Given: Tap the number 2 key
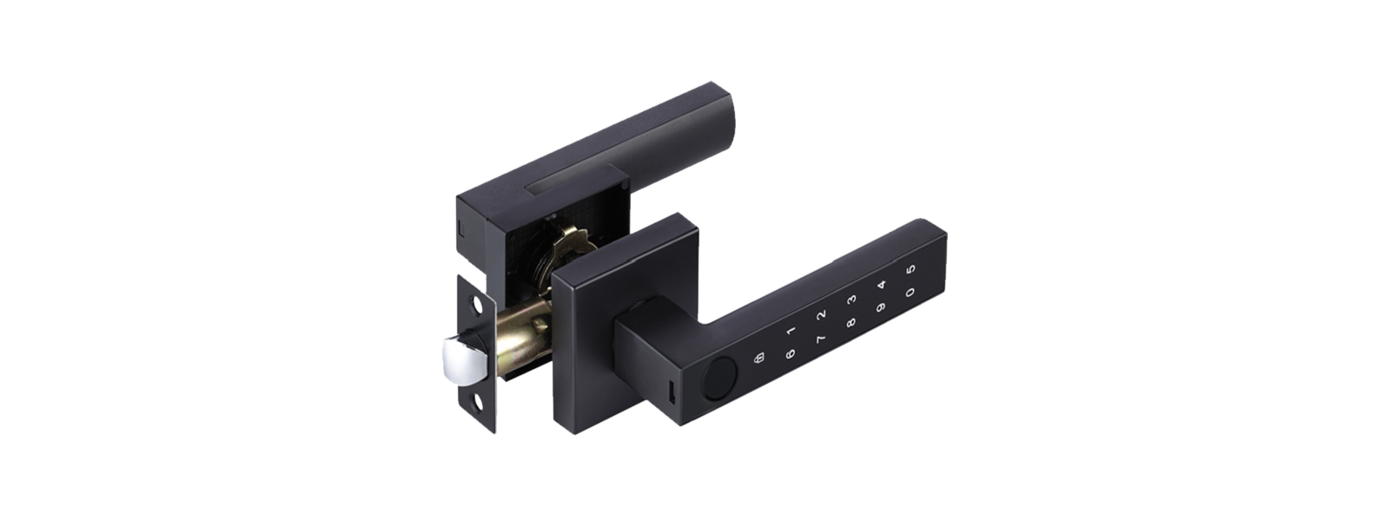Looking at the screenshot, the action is [822, 315].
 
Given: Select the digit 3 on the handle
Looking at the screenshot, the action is [852, 300].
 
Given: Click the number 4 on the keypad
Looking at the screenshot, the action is [882, 285].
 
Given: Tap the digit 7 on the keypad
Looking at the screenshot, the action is [820, 339].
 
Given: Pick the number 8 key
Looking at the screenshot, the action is [851, 322].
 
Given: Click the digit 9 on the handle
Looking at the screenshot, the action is [881, 307].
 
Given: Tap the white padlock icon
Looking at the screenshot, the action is [759, 359].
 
